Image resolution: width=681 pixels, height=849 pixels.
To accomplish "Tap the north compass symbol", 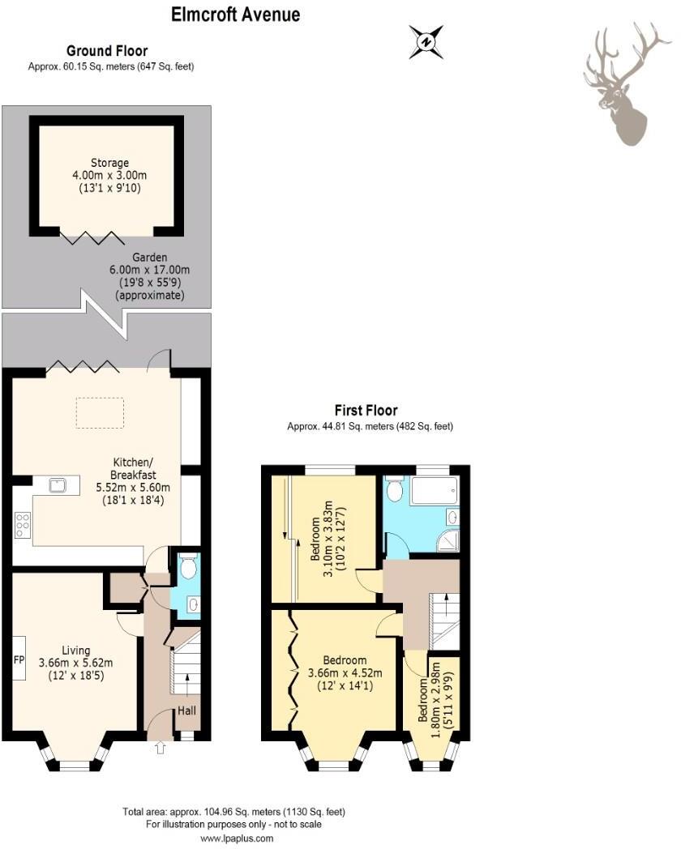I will click(x=426, y=41).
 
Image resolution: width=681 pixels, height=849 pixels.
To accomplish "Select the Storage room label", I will click(x=109, y=163).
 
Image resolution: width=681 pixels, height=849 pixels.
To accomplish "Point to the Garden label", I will click(x=149, y=257).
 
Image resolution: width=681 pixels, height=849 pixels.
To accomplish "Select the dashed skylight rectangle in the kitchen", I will click(x=101, y=412).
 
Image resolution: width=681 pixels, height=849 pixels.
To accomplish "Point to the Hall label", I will click(x=186, y=711).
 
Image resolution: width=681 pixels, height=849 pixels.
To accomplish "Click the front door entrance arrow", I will click(x=159, y=748).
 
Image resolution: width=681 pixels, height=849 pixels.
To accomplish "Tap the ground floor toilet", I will click(x=188, y=569).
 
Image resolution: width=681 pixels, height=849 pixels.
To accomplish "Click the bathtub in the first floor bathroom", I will click(x=434, y=491).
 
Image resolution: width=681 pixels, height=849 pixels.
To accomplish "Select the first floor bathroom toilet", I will click(x=395, y=490).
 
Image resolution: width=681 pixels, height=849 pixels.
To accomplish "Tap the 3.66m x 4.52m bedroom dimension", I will click(x=349, y=672).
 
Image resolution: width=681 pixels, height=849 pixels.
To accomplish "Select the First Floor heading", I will click(x=366, y=411).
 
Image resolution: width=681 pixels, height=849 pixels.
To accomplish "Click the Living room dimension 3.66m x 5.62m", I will click(x=75, y=662).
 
